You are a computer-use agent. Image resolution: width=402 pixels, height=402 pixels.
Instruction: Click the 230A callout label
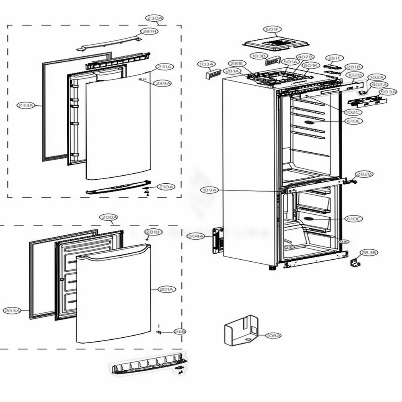click(x=154, y=18)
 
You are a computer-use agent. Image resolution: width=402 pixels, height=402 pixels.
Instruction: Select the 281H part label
click(x=148, y=32)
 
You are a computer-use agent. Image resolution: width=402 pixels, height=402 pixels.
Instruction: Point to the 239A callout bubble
click(x=164, y=83)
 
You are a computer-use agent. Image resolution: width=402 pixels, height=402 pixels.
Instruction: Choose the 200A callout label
click(x=109, y=217)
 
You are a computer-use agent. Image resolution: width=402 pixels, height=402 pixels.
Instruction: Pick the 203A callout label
click(x=12, y=310)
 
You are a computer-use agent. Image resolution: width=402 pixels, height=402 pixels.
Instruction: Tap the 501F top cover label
click(x=273, y=29)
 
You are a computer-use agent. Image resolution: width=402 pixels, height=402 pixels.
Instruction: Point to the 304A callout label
click(x=195, y=236)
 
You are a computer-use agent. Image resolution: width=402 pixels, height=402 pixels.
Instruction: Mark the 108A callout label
click(x=273, y=334)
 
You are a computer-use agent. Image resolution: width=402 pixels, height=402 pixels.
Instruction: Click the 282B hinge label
click(x=364, y=174)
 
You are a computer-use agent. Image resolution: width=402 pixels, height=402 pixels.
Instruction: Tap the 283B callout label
click(x=369, y=252)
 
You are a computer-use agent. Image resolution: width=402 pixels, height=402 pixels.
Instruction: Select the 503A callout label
click(x=388, y=92)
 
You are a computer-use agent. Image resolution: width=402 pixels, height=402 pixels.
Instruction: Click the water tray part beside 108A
click(x=240, y=331)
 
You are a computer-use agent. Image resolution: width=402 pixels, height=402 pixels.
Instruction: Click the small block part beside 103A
click(x=213, y=74)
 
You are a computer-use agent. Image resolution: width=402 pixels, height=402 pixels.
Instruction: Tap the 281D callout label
click(x=152, y=232)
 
